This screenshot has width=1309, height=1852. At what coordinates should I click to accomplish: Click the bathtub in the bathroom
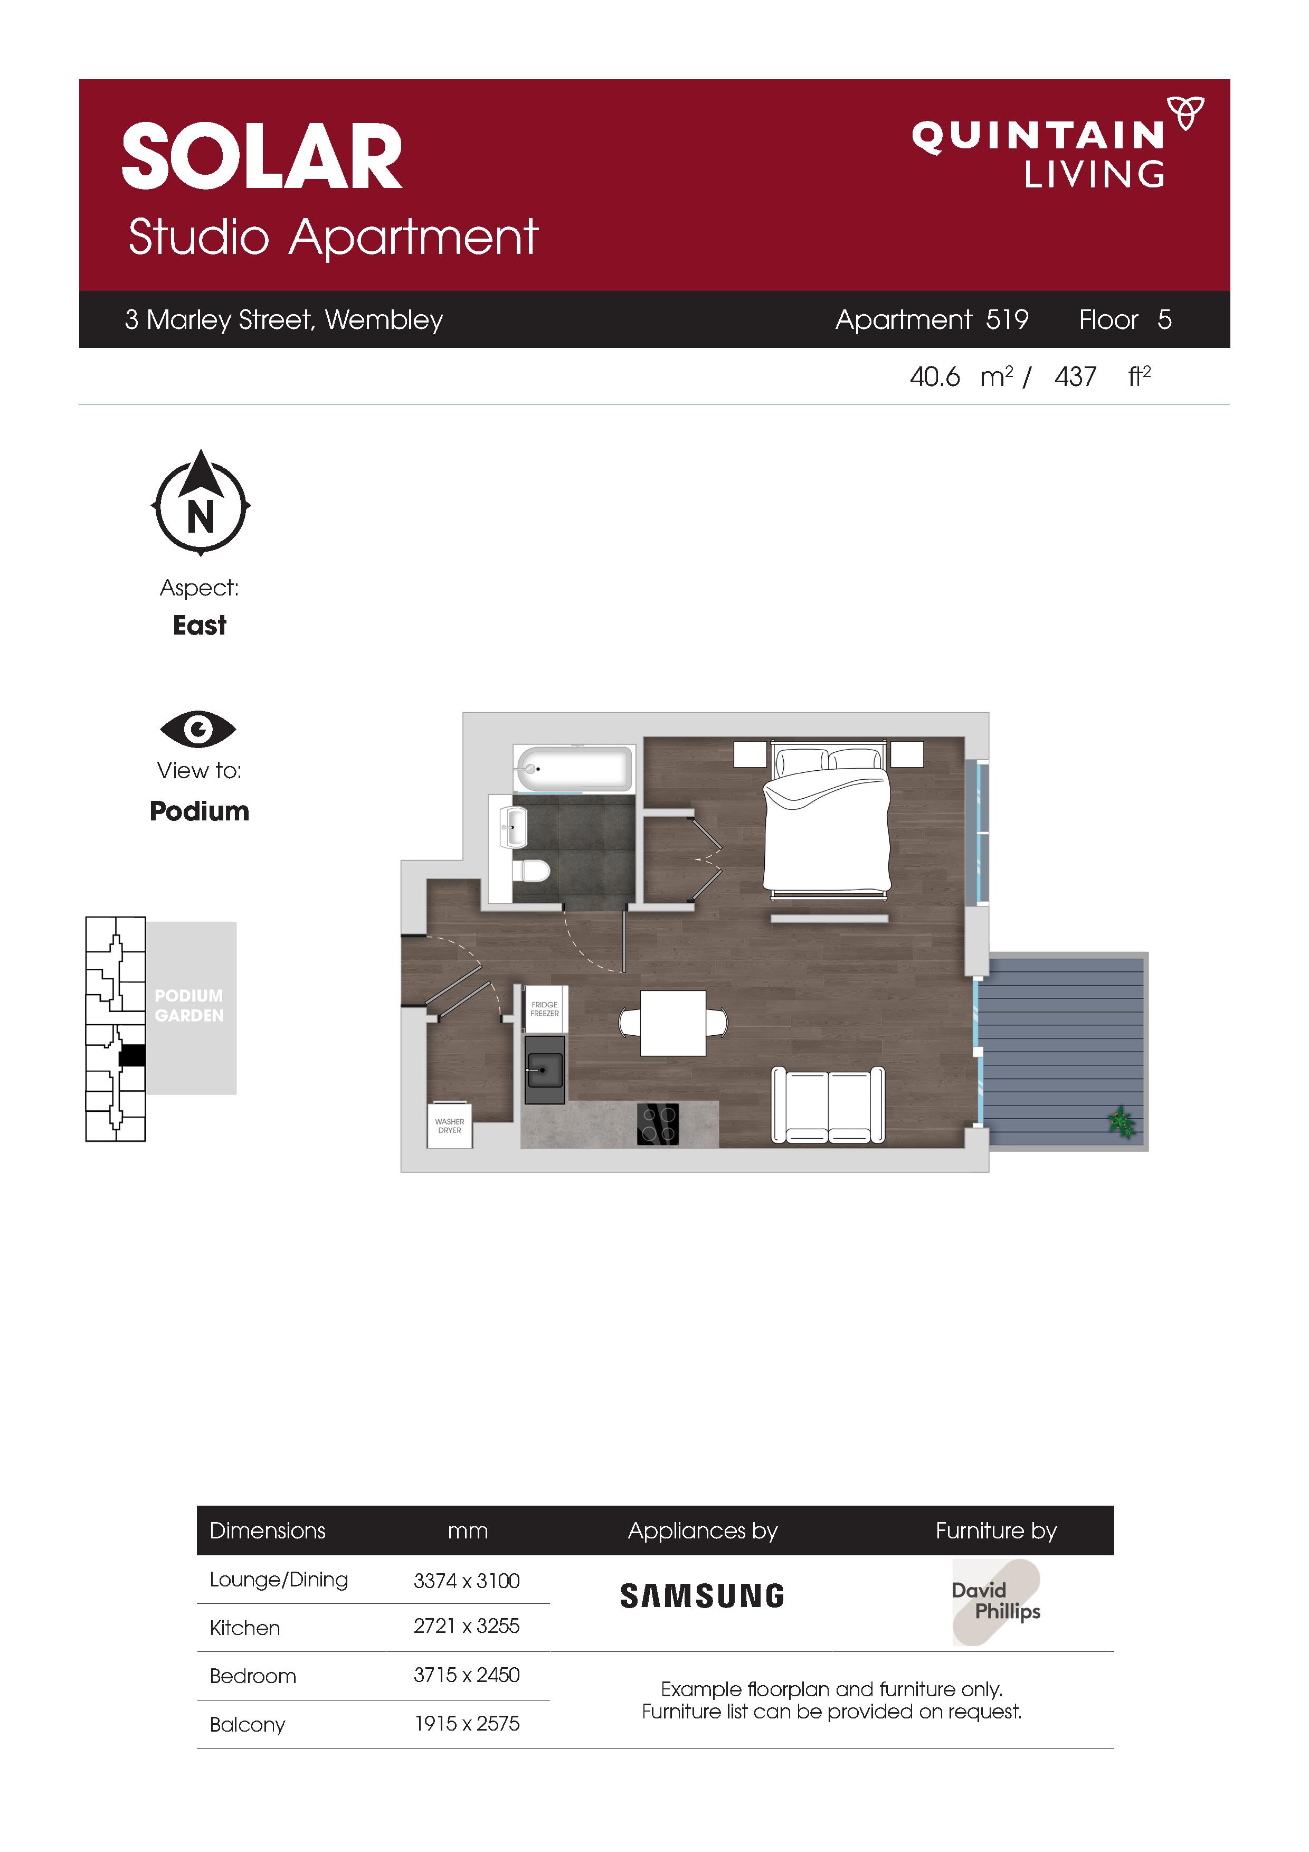(573, 769)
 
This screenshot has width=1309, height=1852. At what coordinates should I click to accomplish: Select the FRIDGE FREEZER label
(544, 1008)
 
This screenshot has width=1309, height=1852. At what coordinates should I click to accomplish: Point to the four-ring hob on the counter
(658, 1123)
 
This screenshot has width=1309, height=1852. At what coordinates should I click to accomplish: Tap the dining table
(674, 1023)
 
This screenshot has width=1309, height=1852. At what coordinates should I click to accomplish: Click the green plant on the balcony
(1122, 1122)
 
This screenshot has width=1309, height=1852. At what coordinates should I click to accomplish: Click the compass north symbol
(201, 503)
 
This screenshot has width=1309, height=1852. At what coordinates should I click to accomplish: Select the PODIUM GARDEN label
(189, 1005)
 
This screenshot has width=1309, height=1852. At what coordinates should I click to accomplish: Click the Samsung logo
(701, 1595)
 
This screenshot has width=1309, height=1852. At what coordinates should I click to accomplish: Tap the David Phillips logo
(996, 1601)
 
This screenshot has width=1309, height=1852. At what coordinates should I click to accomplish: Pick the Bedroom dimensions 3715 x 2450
(467, 1675)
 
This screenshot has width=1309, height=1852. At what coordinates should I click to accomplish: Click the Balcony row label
(248, 1725)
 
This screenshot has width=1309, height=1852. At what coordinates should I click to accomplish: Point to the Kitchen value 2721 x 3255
(467, 1626)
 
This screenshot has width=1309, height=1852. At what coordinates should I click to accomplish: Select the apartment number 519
(1008, 319)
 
